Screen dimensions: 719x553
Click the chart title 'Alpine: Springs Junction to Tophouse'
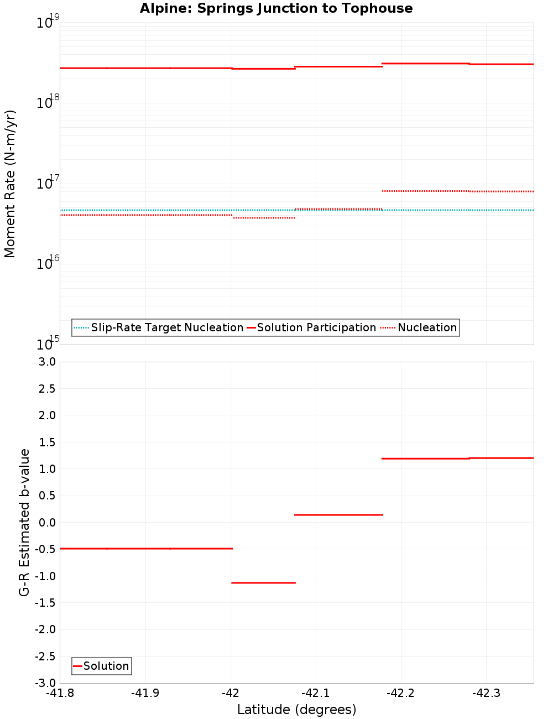click(x=276, y=8)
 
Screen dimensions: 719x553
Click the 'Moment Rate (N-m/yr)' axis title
click(x=10, y=184)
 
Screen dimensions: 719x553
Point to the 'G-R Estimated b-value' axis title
click(x=24, y=522)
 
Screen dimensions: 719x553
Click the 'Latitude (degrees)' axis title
click(x=296, y=710)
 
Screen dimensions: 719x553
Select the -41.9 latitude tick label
click(x=145, y=693)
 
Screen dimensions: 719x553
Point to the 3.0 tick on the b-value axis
click(x=45, y=362)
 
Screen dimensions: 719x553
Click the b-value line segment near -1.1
click(x=263, y=582)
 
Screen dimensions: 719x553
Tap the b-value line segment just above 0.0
click(x=338, y=515)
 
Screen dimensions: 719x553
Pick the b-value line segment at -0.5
click(x=146, y=548)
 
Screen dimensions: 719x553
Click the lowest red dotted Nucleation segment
click(x=264, y=218)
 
